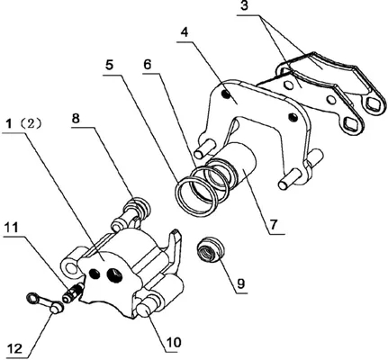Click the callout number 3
(245, 6)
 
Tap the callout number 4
(185, 31)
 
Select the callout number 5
(109, 65)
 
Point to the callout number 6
(148, 64)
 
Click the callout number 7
(274, 224)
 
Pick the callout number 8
(76, 118)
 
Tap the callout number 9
(240, 283)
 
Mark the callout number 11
(11, 228)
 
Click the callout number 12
(14, 348)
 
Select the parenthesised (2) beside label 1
(32, 123)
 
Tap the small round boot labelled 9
(210, 250)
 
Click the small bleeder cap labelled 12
(45, 302)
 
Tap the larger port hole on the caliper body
(113, 274)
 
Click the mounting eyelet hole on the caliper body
(70, 267)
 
